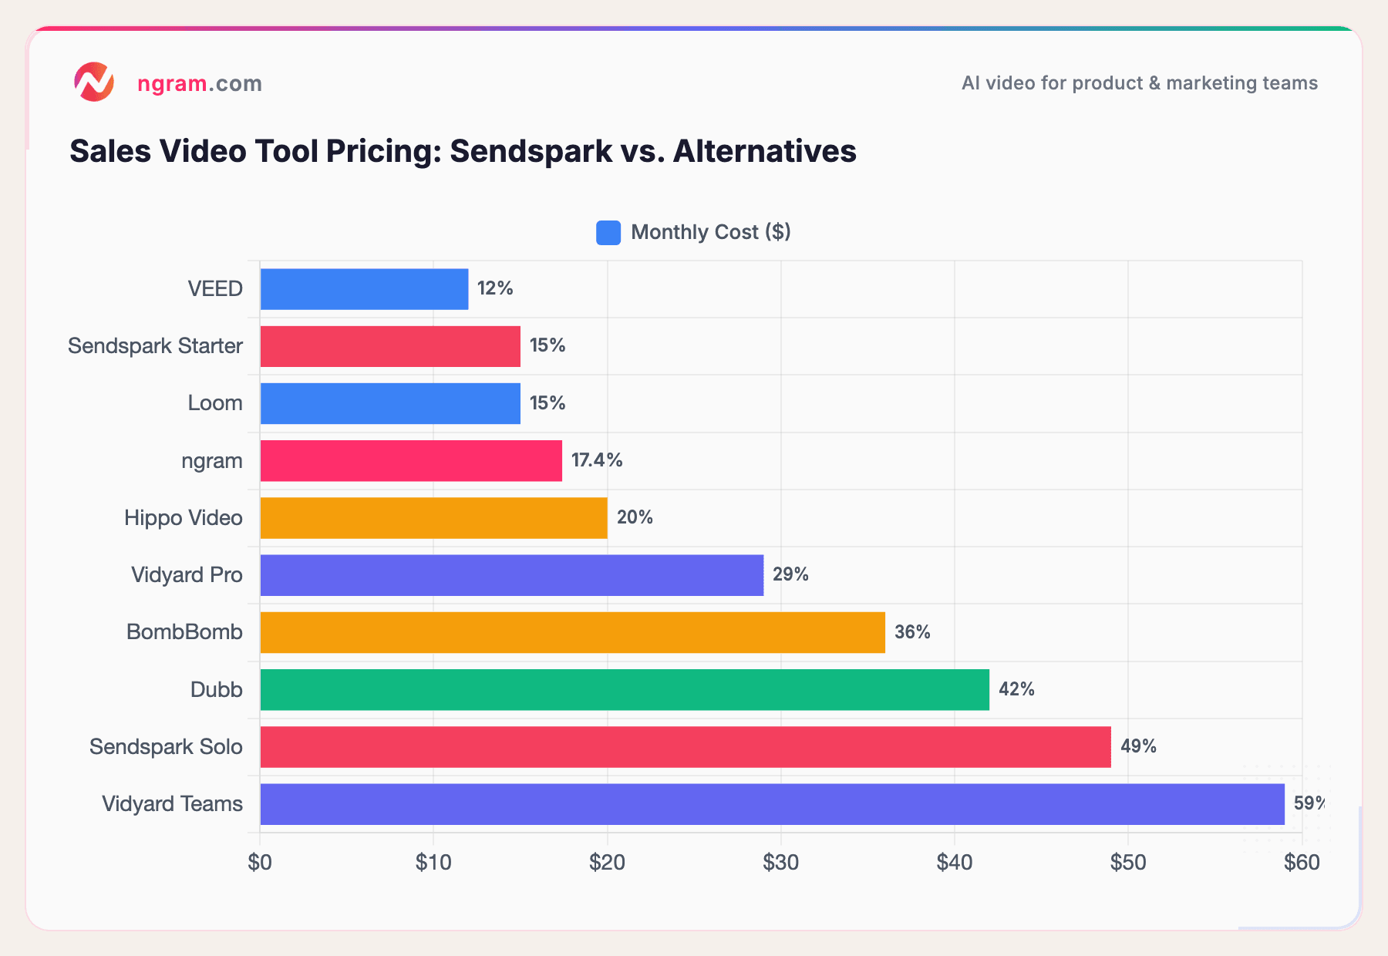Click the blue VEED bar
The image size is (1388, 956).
[364, 289]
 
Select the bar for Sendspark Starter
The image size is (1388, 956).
[390, 346]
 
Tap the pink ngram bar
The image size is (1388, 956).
[411, 461]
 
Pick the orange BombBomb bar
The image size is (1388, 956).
[572, 632]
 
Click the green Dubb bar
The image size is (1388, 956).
[625, 689]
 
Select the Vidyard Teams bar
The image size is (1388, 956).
[772, 804]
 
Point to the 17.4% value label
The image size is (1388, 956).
[597, 460]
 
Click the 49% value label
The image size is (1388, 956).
[1138, 746]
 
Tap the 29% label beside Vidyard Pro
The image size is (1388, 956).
[790, 574]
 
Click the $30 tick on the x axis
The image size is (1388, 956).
[780, 862]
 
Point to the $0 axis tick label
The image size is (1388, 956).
[260, 862]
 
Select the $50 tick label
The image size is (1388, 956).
[1128, 862]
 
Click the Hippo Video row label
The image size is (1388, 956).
[184, 517]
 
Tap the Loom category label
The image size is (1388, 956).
[215, 403]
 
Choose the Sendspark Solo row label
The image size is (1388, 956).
[166, 746]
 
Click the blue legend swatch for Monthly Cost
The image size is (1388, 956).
[608, 233]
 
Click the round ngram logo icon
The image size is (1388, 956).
[94, 82]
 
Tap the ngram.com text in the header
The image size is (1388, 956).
[200, 83]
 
